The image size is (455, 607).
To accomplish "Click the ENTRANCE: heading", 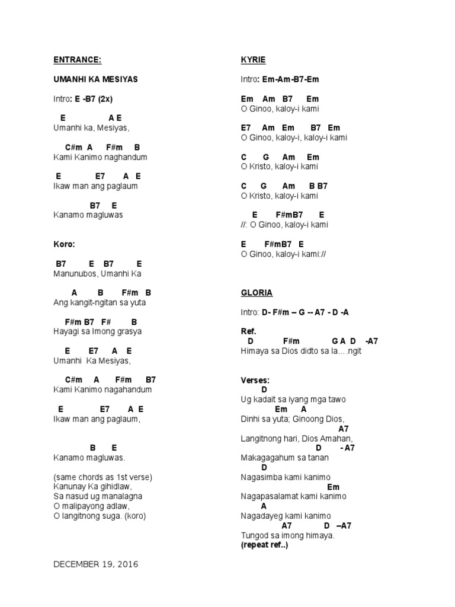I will [x=76, y=60].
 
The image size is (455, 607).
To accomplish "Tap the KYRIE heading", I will [x=253, y=60].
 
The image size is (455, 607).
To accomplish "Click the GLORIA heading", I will [x=257, y=293].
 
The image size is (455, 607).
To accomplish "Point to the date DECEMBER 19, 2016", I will [x=95, y=564].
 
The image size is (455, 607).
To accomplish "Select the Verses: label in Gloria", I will [x=255, y=380].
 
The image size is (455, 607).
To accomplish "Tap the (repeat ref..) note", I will [x=264, y=545].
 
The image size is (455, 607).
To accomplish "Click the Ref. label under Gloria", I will [x=248, y=331].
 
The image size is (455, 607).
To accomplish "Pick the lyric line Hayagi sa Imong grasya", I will [x=97, y=331].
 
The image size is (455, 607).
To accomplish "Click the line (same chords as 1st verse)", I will [x=102, y=477].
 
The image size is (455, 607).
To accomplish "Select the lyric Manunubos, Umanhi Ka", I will [x=97, y=274].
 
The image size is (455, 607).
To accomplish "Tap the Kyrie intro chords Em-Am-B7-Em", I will [x=290, y=79].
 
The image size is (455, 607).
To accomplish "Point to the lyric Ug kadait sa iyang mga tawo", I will [x=293, y=400].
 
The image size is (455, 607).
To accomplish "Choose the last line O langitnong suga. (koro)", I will [x=99, y=516].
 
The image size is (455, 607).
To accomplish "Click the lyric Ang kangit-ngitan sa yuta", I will [x=99, y=302].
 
